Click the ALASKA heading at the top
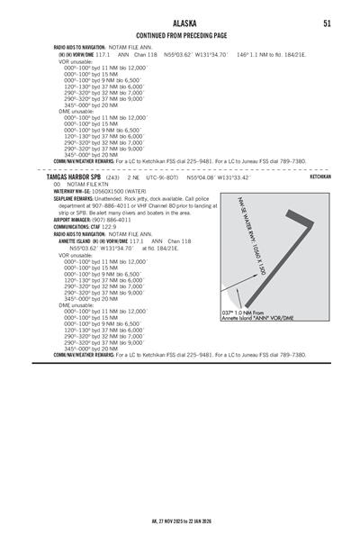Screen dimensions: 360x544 pyautogui.click(x=181, y=23)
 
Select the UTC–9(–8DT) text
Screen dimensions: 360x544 pyautogui.click(x=160, y=177)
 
